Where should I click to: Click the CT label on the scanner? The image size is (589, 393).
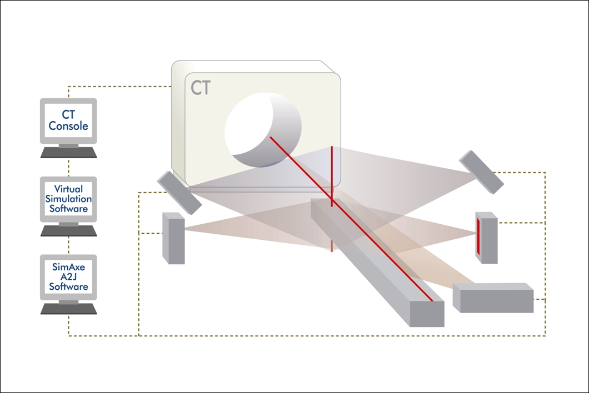point(201,88)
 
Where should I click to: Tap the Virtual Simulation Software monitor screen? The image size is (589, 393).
point(68,199)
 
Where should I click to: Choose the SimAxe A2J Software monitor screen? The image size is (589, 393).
point(68,277)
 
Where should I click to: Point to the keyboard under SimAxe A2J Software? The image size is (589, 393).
point(68,309)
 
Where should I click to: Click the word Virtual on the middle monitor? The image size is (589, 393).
point(68,189)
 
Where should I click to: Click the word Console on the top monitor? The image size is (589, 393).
point(68,126)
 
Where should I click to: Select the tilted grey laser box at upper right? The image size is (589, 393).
point(481,172)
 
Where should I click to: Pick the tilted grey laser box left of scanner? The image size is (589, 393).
point(179,192)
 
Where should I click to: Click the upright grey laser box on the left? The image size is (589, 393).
point(173,238)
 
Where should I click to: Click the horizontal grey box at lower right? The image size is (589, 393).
point(493,299)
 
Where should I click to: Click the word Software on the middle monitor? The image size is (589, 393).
point(68,209)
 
